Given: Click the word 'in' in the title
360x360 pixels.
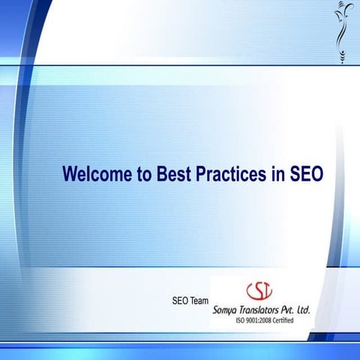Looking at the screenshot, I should click(x=276, y=174).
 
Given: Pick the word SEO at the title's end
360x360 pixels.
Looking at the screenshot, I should click(x=305, y=174).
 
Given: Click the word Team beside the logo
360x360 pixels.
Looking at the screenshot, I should click(x=199, y=301).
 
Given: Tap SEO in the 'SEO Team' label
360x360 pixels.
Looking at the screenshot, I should click(x=181, y=301).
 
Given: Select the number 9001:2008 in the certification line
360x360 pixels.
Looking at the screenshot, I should click(x=262, y=320).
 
